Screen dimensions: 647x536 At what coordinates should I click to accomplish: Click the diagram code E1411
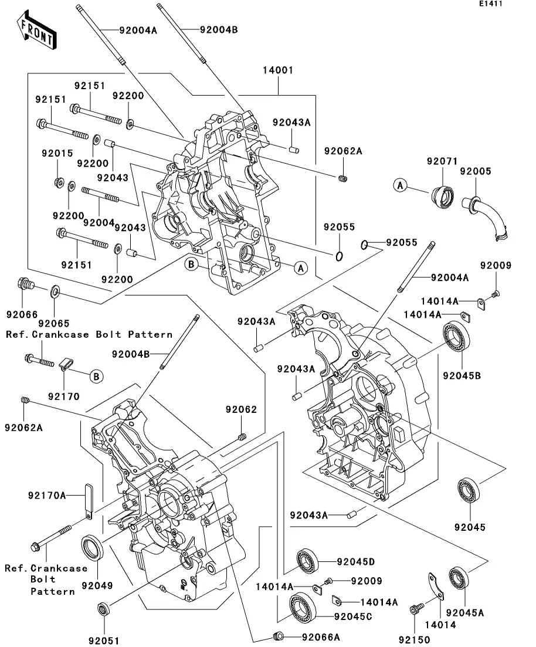click(x=491, y=4)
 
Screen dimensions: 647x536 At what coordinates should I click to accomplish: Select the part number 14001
click(x=279, y=70)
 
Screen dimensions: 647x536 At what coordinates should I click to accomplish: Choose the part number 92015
click(x=57, y=154)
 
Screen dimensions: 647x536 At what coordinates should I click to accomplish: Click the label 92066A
click(x=321, y=636)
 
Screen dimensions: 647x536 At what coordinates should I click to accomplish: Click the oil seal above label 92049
click(x=93, y=549)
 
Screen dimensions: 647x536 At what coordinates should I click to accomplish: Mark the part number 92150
click(x=415, y=639)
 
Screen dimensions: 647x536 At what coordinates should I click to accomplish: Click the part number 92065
click(x=54, y=323)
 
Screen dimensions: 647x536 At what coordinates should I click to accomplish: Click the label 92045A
click(x=464, y=612)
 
